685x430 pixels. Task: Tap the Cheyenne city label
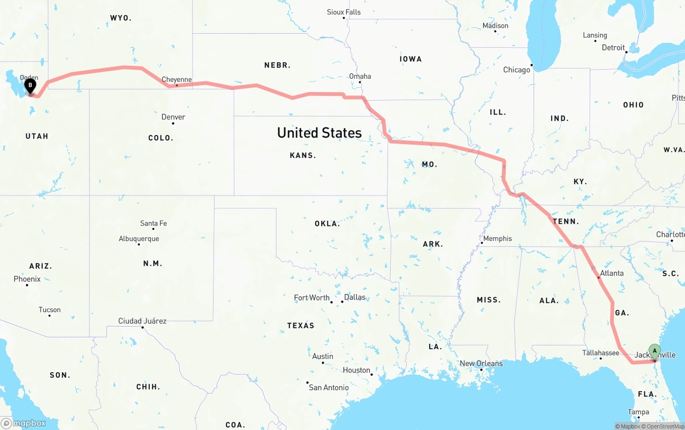pos(177,80)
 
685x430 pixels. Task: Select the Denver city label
pos(173,117)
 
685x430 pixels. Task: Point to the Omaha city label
pos(360,76)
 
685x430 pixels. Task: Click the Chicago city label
pos(516,70)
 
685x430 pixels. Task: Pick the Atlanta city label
pos(612,273)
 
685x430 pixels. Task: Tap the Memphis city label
pos(498,239)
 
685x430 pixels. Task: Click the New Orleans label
pos(481,364)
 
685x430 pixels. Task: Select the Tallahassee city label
pos(600,353)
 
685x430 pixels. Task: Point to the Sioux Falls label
pos(344,12)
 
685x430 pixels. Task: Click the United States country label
pos(319,133)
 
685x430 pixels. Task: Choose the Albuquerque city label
pos(139,239)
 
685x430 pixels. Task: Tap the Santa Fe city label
pos(153,223)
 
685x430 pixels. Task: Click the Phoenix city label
pos(27,279)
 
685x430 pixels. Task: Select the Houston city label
pos(356,370)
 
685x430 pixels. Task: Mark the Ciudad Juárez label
pos(142,321)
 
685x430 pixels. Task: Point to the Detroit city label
pos(613,48)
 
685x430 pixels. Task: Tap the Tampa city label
pos(638,412)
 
